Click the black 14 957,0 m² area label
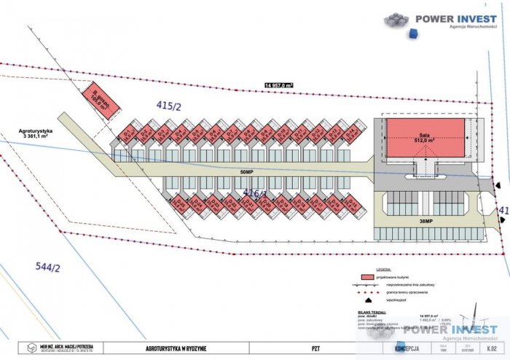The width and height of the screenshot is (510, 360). [x=278, y=85]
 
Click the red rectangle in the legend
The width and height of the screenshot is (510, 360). [x=372, y=278]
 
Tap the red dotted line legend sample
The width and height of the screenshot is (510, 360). [x=372, y=291]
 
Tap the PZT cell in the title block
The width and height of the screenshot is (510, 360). [x=315, y=348]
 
